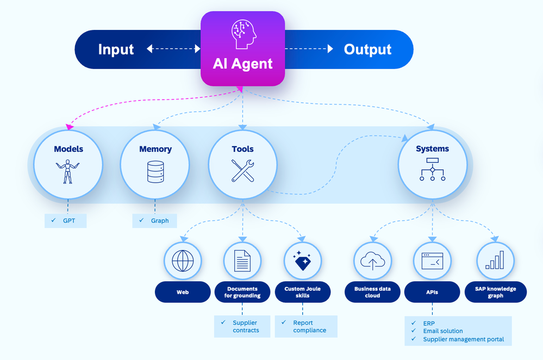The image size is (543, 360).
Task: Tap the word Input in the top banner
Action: point(116,49)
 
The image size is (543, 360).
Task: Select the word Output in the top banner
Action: point(367,49)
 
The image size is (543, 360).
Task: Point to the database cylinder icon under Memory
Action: point(155,172)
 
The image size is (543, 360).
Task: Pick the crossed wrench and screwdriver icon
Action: point(242,171)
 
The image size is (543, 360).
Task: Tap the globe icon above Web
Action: point(183,260)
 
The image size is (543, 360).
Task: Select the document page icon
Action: point(242,260)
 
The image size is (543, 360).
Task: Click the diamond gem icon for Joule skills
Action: point(303,262)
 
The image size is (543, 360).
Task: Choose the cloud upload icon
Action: point(372,262)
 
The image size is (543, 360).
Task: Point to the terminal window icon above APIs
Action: point(432,262)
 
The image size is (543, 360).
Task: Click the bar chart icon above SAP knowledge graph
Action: point(494,260)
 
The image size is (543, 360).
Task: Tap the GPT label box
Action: point(66,220)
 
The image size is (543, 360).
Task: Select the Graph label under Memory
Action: point(154,220)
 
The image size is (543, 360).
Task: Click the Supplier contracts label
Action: point(242,326)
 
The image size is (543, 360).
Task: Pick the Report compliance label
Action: point(306,326)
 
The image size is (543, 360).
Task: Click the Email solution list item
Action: point(442,331)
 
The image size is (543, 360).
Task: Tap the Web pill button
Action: point(183,292)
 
